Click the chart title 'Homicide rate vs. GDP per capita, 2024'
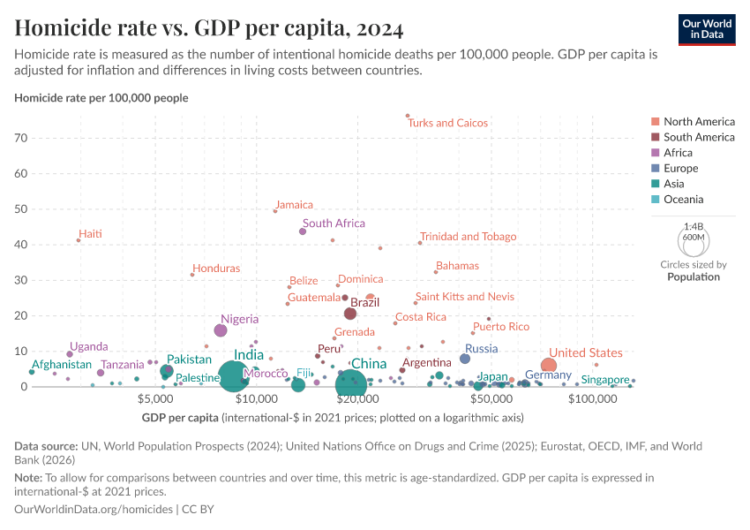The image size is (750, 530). [x=209, y=28]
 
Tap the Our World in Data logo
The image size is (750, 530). [x=708, y=28]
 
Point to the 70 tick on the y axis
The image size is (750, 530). [x=21, y=138]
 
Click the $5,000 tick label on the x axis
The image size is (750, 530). [x=155, y=399]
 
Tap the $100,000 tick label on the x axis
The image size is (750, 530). [x=592, y=399]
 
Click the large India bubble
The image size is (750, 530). [x=233, y=376]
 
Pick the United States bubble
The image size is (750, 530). [x=549, y=366]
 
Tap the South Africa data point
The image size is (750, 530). [x=303, y=231]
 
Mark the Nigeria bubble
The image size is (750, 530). [x=221, y=330]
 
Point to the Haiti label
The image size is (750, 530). [x=91, y=234]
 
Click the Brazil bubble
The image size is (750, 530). [x=350, y=314]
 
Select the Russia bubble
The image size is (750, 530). [x=465, y=359]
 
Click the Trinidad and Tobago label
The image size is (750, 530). [x=468, y=237]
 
